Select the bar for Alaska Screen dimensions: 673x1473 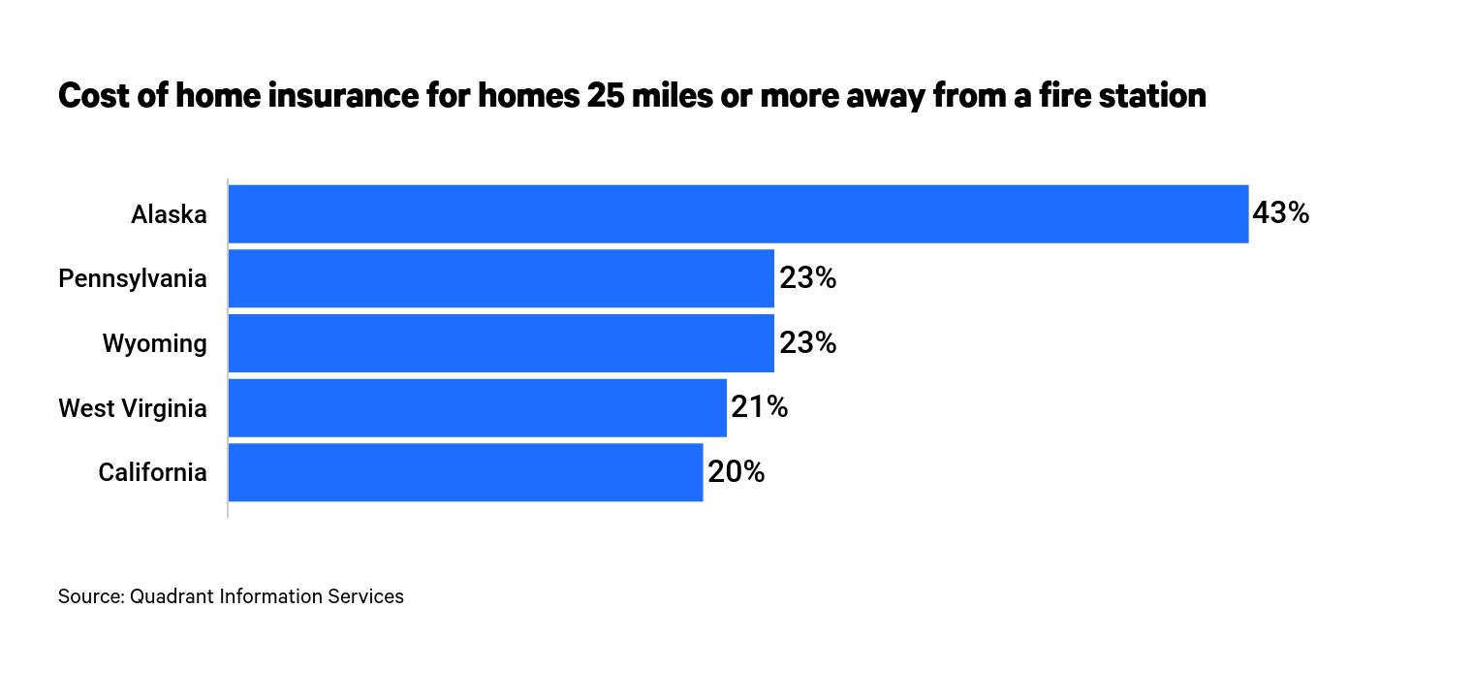737,213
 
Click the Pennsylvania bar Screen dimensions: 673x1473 501,278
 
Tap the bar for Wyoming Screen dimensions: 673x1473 501,343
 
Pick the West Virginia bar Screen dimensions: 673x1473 477,408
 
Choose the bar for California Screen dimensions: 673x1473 465,472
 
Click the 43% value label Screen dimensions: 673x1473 1280,213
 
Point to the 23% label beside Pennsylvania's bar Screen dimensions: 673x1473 807,278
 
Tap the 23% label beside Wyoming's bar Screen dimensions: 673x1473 807,343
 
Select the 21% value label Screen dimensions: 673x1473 759,408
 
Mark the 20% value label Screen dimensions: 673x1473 736,472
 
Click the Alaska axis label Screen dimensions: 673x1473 169,214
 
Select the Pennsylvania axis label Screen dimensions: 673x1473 133,279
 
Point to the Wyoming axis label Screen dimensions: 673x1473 155,344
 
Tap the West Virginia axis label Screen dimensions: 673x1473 133,408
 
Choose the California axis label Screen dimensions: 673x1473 152,473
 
